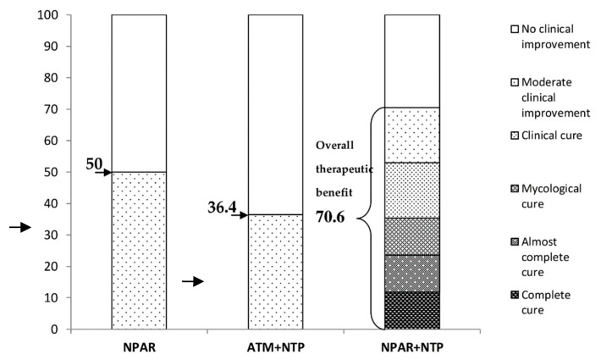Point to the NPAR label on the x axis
pyautogui.click(x=139, y=346)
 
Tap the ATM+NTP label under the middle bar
pyautogui.click(x=275, y=346)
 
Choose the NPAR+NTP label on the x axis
pyautogui.click(x=412, y=346)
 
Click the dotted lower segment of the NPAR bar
pyautogui.click(x=139, y=250)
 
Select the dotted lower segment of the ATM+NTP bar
pyautogui.click(x=275, y=271)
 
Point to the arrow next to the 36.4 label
pyautogui.click(x=239, y=215)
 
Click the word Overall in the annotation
pyautogui.click(x=335, y=146)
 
